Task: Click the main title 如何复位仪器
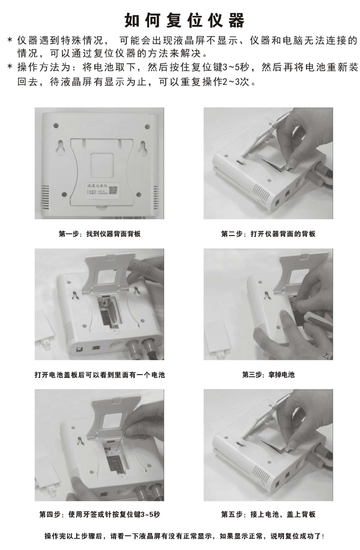[x=185, y=21]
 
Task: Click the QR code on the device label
[x=113, y=191]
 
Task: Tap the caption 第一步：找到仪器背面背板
[x=100, y=234]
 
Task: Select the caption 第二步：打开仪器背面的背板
[x=268, y=234]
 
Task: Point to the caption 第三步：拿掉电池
[x=268, y=375]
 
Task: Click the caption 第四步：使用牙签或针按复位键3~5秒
[x=100, y=515]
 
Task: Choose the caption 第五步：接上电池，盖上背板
[x=268, y=515]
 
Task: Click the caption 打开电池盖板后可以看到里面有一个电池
[x=100, y=375]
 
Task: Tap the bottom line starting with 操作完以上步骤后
[x=185, y=536]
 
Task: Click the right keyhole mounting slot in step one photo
[x=143, y=148]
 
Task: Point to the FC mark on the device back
[x=118, y=125]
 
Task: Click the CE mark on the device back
[x=86, y=125]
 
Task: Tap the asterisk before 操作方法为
[x=10, y=66]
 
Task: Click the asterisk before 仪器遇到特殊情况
[x=10, y=39]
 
